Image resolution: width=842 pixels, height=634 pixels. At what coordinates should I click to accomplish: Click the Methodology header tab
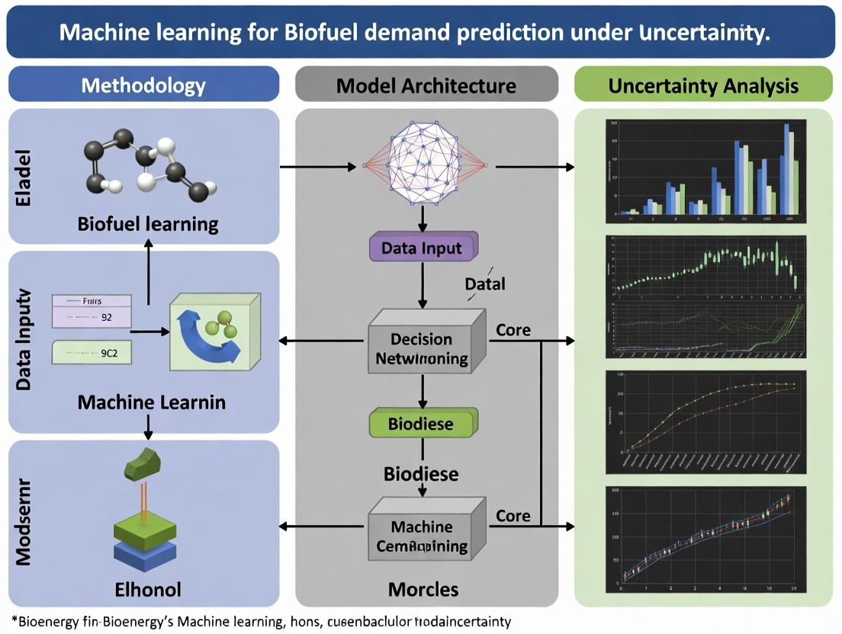tap(143, 85)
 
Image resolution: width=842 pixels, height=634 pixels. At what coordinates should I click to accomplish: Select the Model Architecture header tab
tap(426, 85)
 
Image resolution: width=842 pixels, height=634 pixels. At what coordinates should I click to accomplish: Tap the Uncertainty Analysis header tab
tap(702, 85)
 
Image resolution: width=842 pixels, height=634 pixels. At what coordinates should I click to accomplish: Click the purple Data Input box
tap(422, 248)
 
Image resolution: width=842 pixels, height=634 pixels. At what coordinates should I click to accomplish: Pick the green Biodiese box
tap(422, 423)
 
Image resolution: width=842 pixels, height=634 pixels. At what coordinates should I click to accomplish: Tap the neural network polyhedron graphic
tap(426, 165)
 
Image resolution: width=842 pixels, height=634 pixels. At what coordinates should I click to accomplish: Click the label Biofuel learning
tap(148, 224)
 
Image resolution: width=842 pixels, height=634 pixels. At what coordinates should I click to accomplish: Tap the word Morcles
tap(423, 588)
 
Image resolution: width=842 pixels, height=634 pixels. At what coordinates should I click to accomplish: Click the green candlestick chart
tap(702, 267)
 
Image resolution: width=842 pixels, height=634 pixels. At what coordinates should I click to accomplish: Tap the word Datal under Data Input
tap(485, 283)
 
